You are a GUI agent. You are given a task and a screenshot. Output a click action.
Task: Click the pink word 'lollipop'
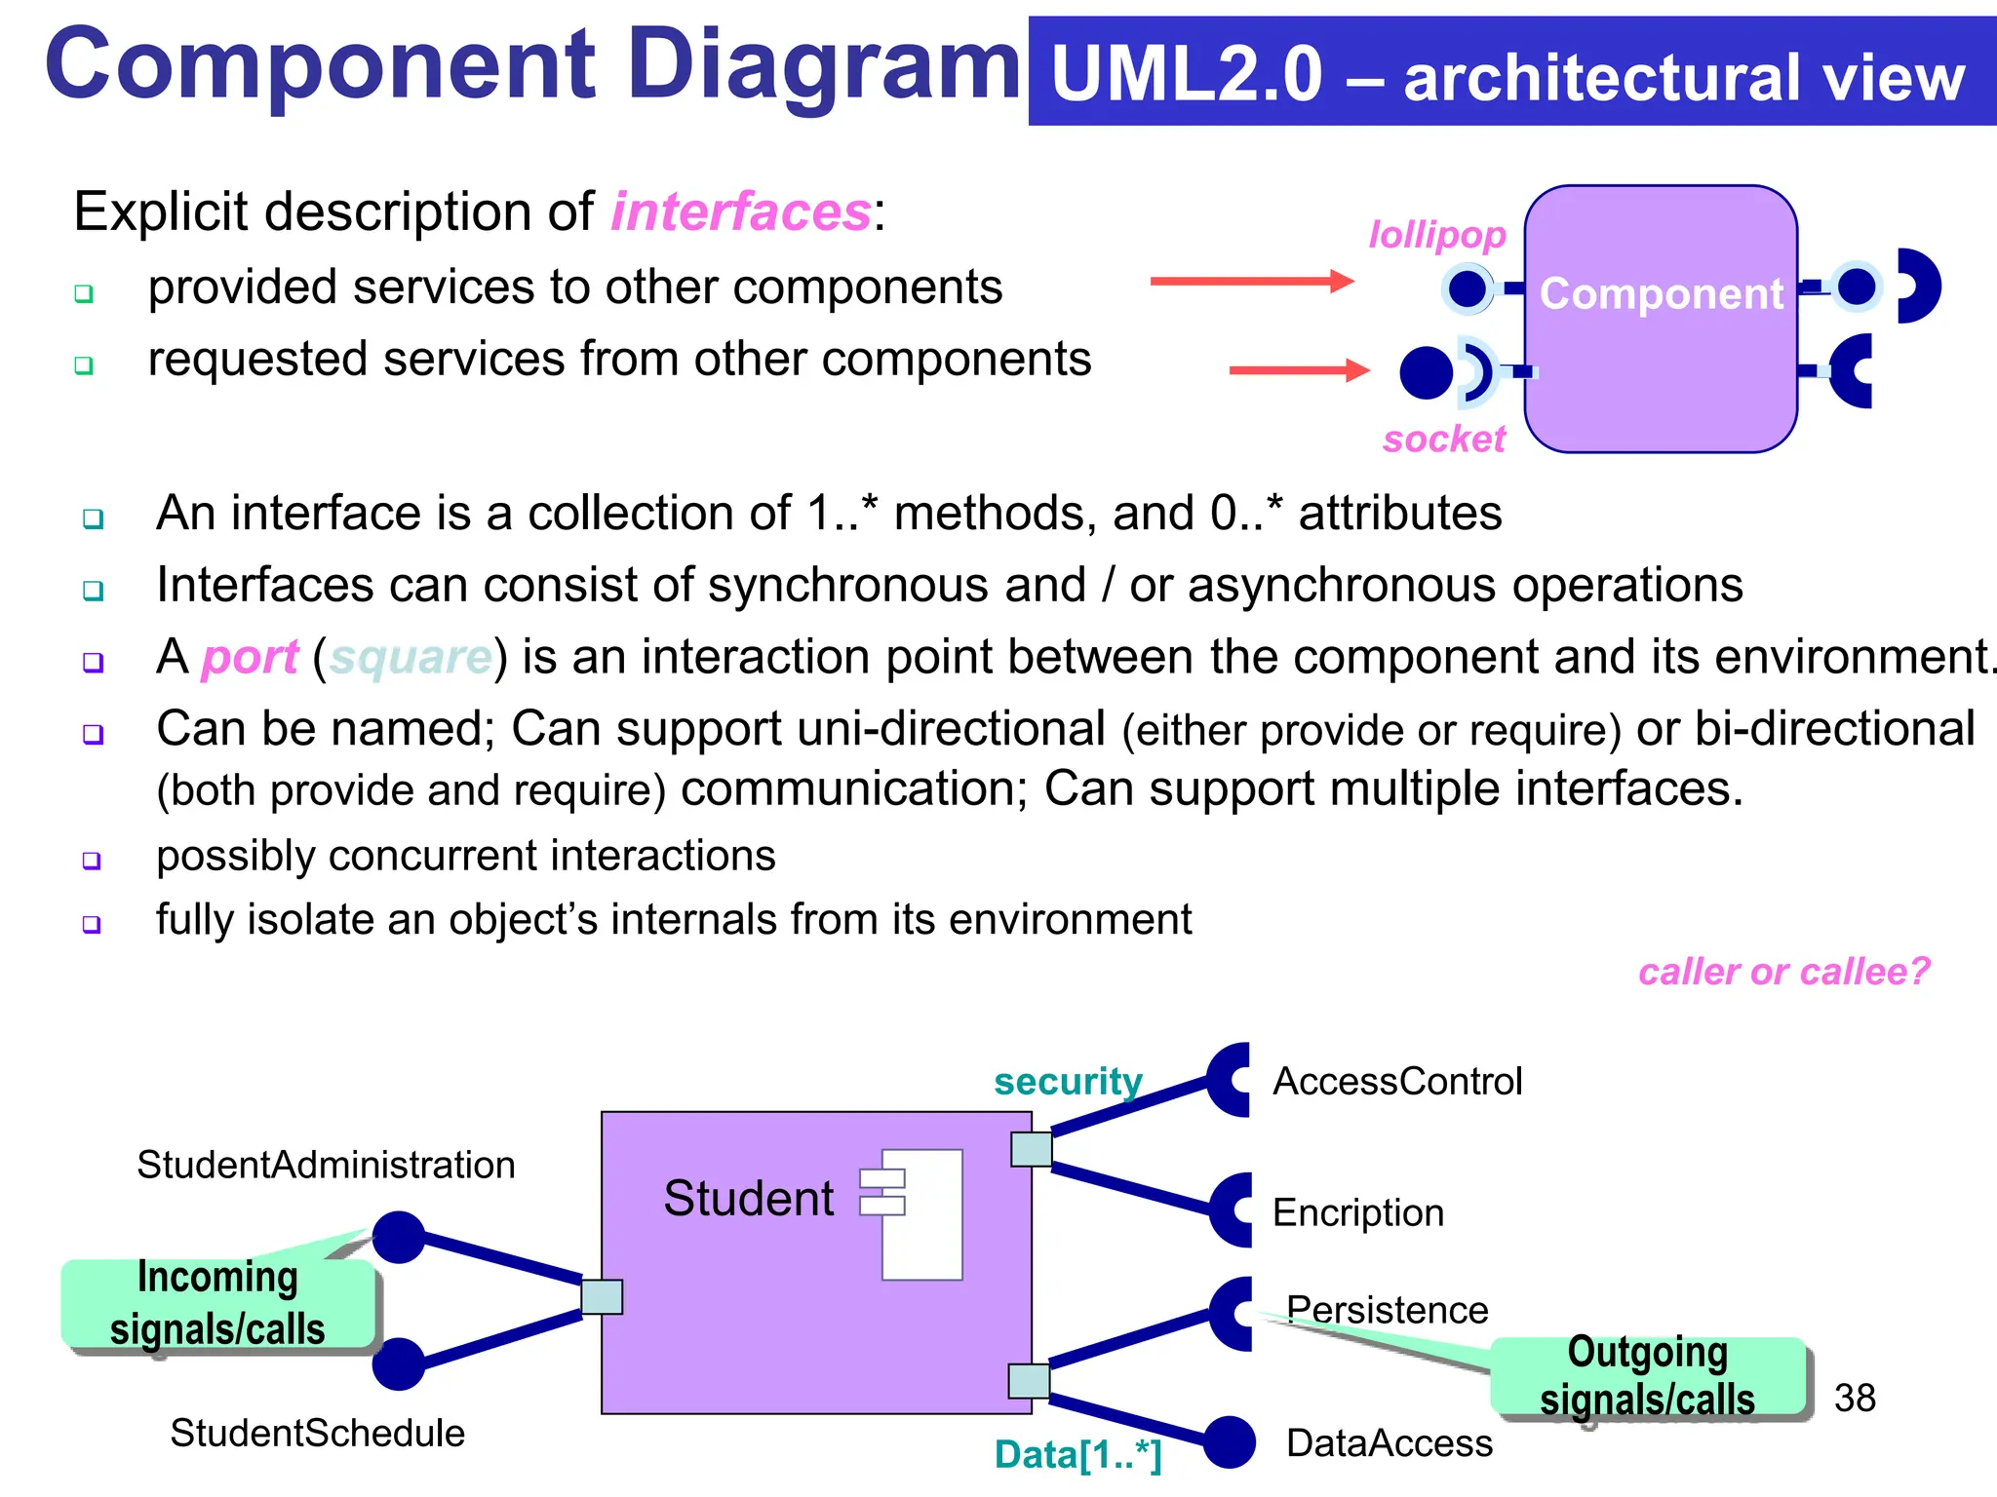click(1437, 235)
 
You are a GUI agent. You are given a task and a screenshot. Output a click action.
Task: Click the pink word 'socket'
click(1444, 439)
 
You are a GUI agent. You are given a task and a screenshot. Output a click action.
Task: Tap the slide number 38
click(1855, 1398)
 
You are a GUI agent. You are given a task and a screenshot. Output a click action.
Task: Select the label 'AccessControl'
click(1396, 1081)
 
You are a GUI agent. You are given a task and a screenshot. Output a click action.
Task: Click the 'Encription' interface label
click(1357, 1212)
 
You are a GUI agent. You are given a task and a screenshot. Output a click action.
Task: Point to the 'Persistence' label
click(1387, 1309)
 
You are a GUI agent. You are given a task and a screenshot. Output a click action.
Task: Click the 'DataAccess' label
click(1389, 1442)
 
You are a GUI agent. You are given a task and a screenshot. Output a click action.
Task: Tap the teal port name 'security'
click(1068, 1081)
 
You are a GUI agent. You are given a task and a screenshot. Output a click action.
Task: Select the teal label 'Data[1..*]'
click(1077, 1454)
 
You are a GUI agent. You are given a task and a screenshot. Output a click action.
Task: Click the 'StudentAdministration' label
click(326, 1165)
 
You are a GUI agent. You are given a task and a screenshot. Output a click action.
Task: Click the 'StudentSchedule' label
click(317, 1433)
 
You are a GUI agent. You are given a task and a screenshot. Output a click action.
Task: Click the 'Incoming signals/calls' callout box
click(217, 1304)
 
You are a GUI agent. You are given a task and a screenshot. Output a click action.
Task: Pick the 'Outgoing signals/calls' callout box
click(1647, 1376)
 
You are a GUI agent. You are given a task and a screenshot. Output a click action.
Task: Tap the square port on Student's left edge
click(602, 1297)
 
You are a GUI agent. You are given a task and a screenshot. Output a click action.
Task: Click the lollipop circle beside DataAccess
click(1230, 1442)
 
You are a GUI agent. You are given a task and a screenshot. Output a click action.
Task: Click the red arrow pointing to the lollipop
click(1252, 282)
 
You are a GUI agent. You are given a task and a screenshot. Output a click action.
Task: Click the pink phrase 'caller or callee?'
click(1783, 972)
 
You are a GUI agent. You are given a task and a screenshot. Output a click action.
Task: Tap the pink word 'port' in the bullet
click(250, 657)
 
